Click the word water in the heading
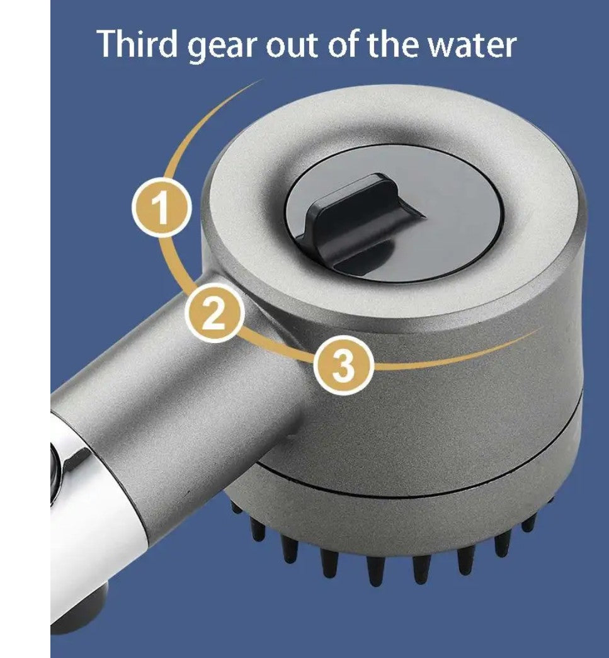coord(470,45)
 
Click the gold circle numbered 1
coord(161,208)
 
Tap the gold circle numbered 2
coord(215,312)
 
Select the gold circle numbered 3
coord(343,365)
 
